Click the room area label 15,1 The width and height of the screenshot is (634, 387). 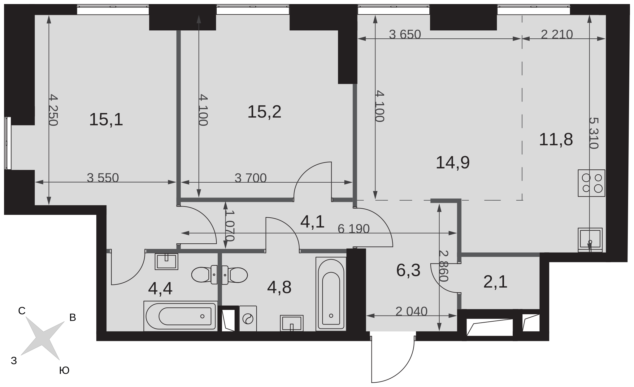(x=106, y=120)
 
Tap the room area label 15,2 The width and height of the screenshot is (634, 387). (x=264, y=112)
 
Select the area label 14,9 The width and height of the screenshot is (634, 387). (x=453, y=163)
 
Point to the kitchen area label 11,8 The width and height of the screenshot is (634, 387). (x=556, y=139)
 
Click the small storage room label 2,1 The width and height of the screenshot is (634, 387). (x=495, y=282)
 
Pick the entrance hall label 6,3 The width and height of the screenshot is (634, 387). (x=408, y=270)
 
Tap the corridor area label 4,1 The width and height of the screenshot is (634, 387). (x=313, y=222)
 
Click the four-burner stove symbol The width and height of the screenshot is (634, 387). (x=592, y=183)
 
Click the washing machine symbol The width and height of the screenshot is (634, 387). (x=248, y=319)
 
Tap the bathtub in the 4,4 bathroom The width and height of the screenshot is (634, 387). (x=180, y=316)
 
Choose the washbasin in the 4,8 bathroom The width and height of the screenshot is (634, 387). (x=292, y=323)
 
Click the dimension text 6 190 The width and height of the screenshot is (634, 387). (x=354, y=229)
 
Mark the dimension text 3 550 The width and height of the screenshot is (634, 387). (x=103, y=178)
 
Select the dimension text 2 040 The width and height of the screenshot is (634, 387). (x=411, y=311)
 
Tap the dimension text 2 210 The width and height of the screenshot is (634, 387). (x=557, y=34)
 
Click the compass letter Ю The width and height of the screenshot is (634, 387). (x=64, y=371)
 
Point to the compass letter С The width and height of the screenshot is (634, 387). (x=22, y=311)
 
